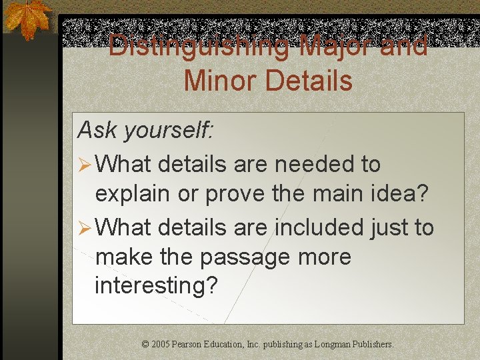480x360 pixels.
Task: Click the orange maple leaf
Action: click(27, 19)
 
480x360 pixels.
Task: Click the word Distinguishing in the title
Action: click(198, 46)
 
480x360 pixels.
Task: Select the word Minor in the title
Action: click(219, 81)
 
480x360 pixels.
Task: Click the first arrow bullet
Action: click(84, 164)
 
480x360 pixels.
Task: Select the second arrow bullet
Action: click(84, 228)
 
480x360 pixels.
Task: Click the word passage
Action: click(243, 257)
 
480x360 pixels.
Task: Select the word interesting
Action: click(156, 286)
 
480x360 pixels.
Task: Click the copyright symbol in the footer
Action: click(145, 345)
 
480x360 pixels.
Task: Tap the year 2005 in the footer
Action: click(160, 345)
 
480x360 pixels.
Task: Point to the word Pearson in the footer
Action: click(188, 345)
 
